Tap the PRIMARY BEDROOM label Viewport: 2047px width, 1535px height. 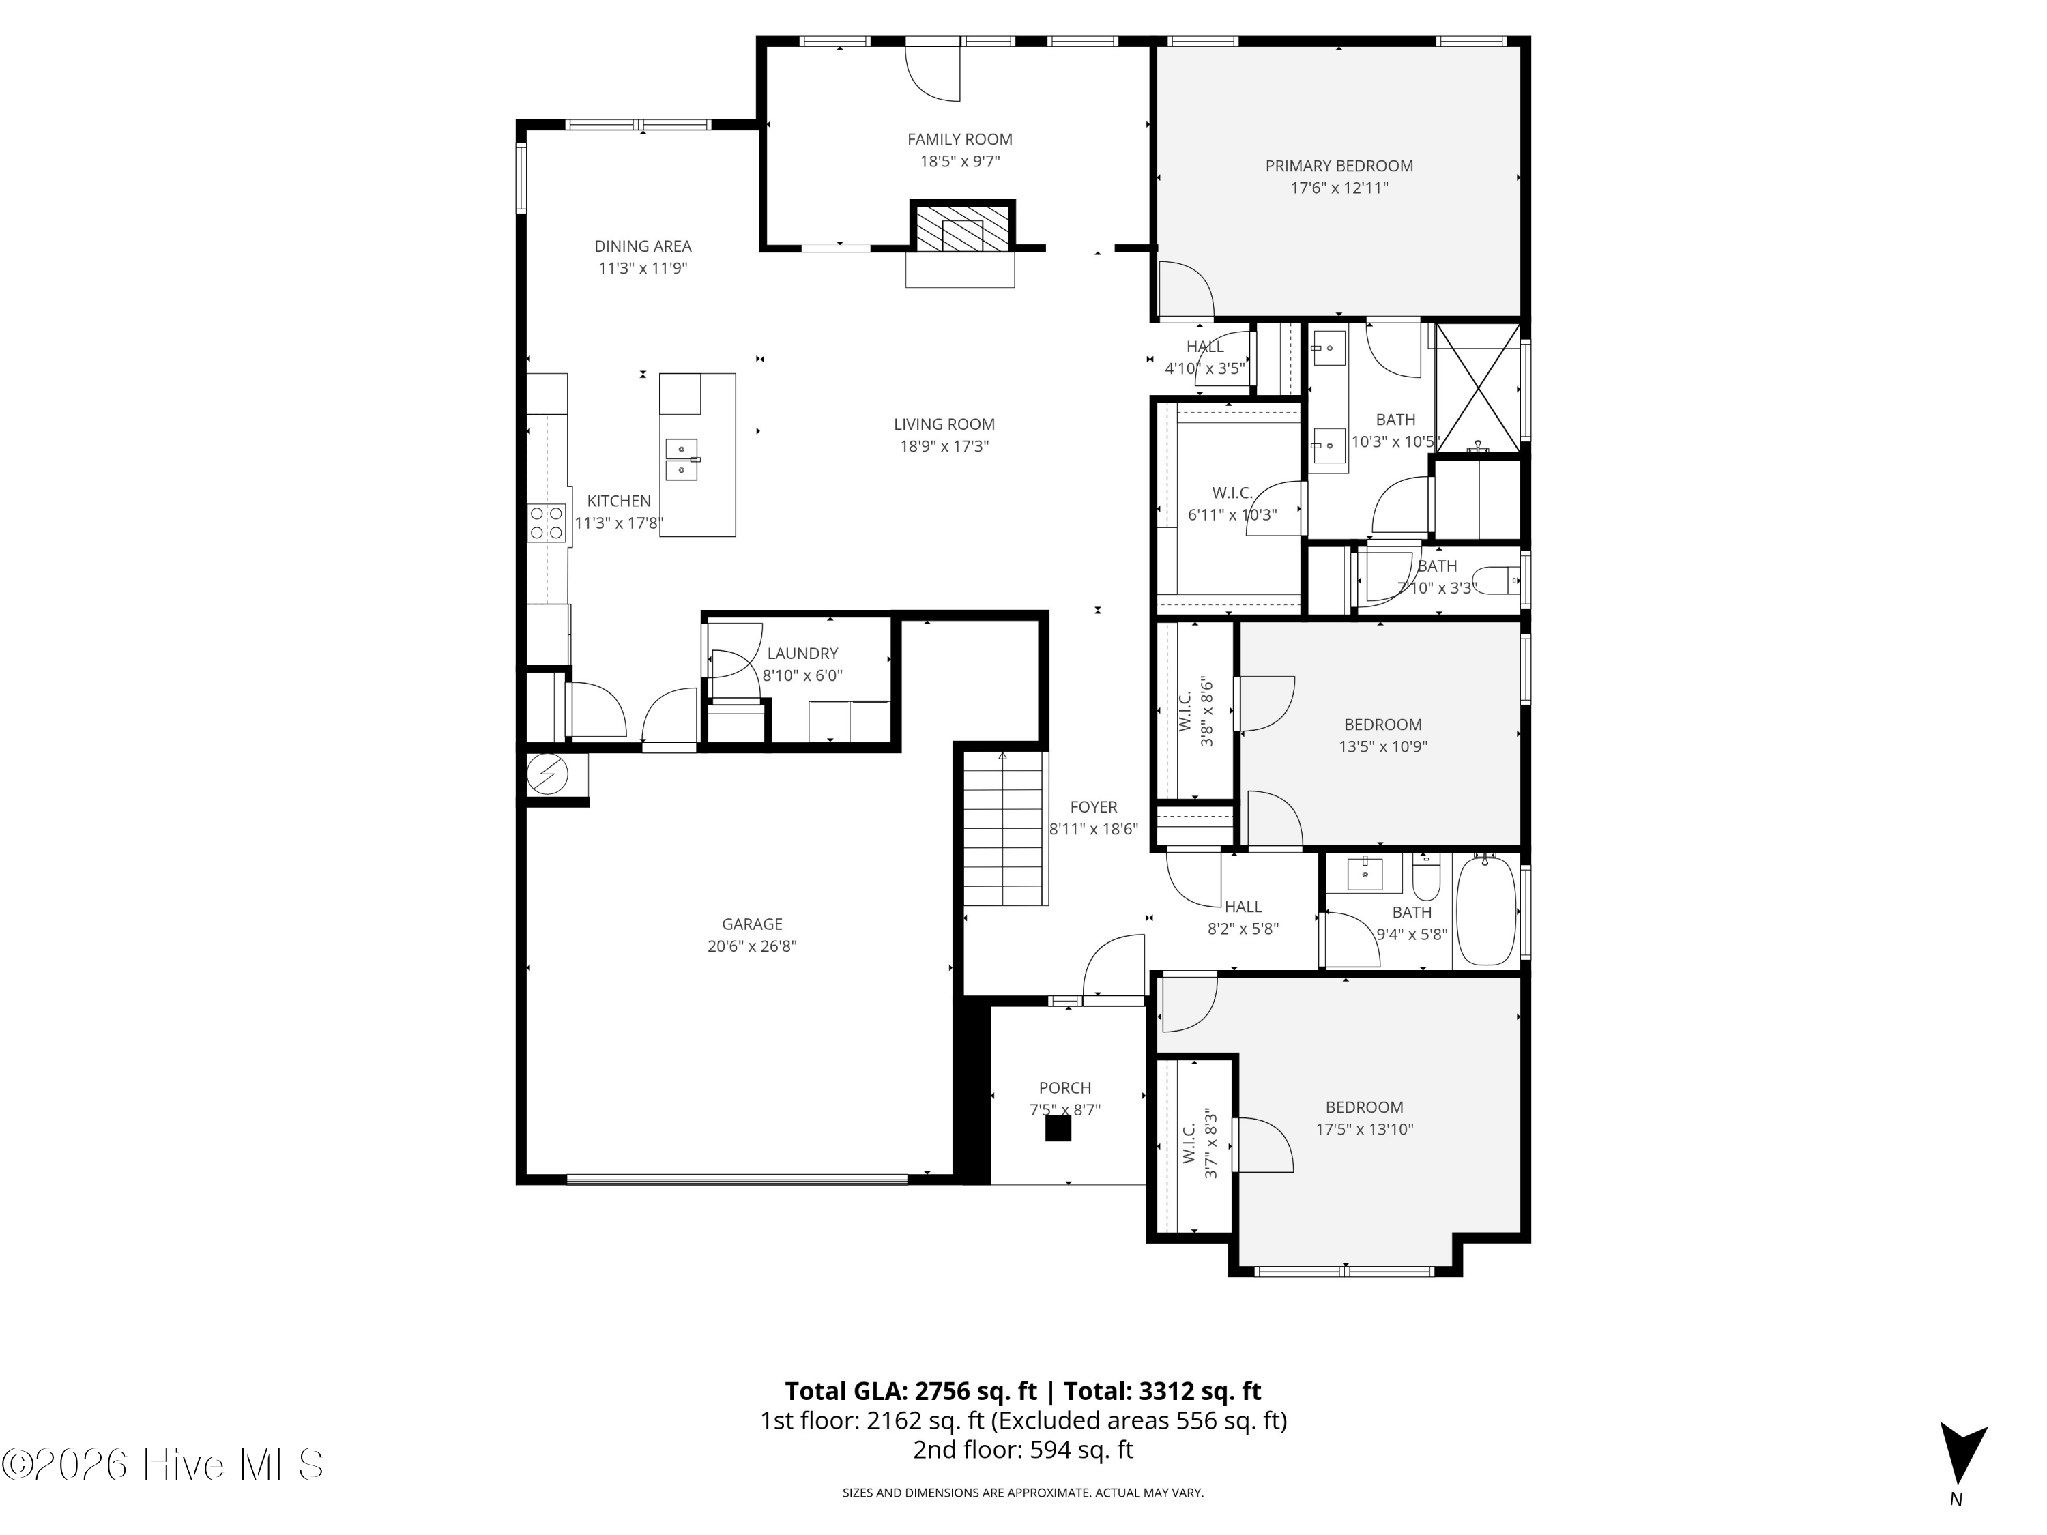[x=1339, y=166]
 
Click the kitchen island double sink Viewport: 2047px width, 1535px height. [x=682, y=460]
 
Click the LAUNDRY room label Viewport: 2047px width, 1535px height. [x=802, y=654]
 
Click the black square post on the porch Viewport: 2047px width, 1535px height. [x=1058, y=1129]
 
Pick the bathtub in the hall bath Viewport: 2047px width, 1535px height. [x=1486, y=911]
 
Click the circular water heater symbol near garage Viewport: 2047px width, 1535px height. [x=546, y=774]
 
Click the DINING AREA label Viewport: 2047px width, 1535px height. [x=643, y=246]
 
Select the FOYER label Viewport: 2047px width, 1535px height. [x=1094, y=808]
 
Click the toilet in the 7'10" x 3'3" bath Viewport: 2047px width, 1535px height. [x=1494, y=582]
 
